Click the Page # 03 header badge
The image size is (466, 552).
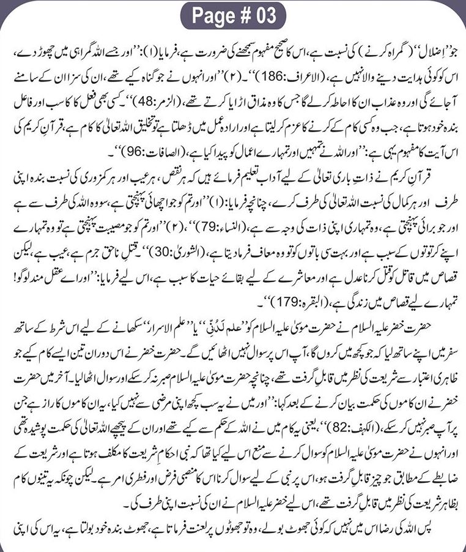[232, 15]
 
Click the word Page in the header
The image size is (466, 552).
[212, 15]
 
